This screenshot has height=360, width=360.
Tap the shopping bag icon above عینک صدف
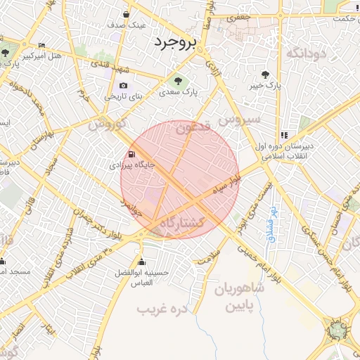point(126,14)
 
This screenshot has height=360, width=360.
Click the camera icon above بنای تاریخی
point(124,85)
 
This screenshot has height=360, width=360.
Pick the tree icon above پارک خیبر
point(264,74)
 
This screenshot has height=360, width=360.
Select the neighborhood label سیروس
point(239,120)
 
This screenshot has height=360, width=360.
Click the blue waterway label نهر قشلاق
point(271,224)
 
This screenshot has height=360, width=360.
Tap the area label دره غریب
point(164,309)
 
